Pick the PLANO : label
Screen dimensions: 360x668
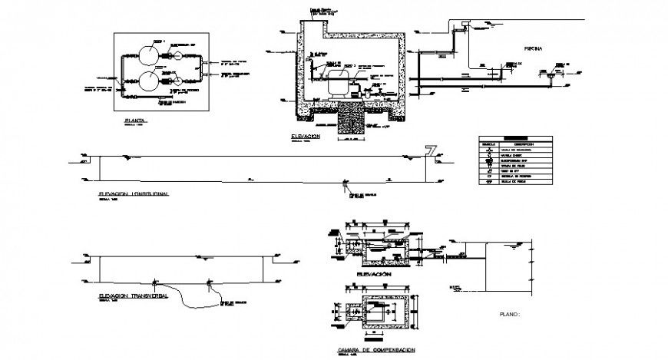coord(510,315)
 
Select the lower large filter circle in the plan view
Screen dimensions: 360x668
coord(147,80)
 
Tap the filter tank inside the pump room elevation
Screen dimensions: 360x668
coord(335,83)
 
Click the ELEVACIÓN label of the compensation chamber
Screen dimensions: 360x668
coord(374,274)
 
